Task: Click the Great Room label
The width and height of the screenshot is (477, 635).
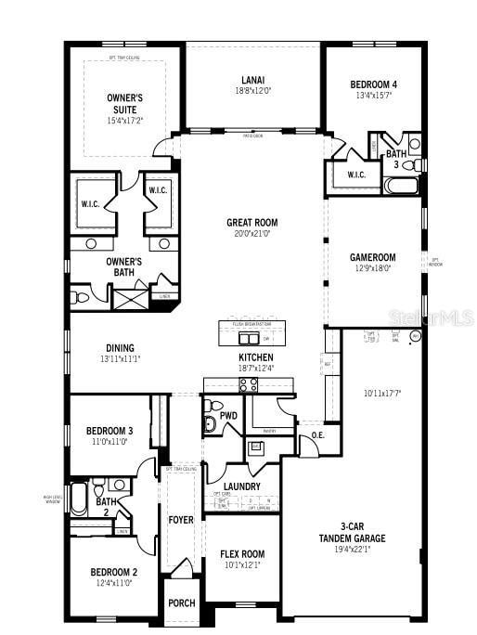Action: pyautogui.click(x=251, y=223)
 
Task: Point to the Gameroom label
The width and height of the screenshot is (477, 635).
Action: pyautogui.click(x=372, y=257)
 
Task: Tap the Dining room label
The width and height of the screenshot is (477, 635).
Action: pyautogui.click(x=119, y=348)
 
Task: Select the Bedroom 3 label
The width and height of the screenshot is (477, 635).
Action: pyautogui.click(x=110, y=431)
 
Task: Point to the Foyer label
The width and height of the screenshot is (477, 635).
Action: pyautogui.click(x=180, y=520)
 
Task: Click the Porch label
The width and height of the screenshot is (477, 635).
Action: pyautogui.click(x=181, y=603)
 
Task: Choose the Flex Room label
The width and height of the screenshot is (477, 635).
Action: pyautogui.click(x=243, y=554)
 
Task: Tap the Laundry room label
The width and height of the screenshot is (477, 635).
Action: pyautogui.click(x=241, y=486)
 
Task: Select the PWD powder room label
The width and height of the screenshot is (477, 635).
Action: pyautogui.click(x=228, y=416)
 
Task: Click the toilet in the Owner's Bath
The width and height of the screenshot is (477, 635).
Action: pyautogui.click(x=81, y=297)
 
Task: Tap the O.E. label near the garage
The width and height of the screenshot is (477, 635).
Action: pyautogui.click(x=317, y=434)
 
